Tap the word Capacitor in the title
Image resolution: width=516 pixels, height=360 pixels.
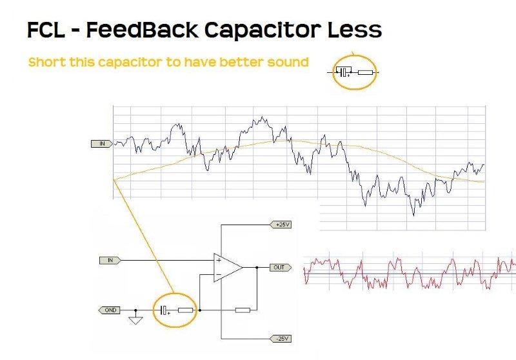click(263, 30)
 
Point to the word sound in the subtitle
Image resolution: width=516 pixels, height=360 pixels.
click(288, 62)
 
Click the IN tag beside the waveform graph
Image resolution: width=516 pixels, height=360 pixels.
click(102, 144)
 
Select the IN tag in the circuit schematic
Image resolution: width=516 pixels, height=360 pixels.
click(110, 260)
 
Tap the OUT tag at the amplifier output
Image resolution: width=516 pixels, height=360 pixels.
click(281, 268)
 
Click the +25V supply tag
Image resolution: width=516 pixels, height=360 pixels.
click(281, 225)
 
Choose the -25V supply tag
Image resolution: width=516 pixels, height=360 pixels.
click(281, 339)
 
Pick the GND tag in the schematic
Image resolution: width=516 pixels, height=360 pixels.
click(110, 310)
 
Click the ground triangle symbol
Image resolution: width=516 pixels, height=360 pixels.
click(135, 321)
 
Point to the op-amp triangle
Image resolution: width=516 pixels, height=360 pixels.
click(228, 268)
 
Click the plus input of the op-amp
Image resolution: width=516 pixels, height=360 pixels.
click(218, 260)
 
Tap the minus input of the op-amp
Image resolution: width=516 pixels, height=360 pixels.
click(218, 274)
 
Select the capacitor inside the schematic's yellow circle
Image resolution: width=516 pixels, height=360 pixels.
click(164, 310)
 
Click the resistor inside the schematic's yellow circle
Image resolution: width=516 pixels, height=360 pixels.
click(186, 310)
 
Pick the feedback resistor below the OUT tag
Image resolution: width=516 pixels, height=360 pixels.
click(243, 310)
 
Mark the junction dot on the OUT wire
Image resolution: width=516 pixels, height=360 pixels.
click(257, 268)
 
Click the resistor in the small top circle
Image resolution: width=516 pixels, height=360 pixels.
click(365, 72)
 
